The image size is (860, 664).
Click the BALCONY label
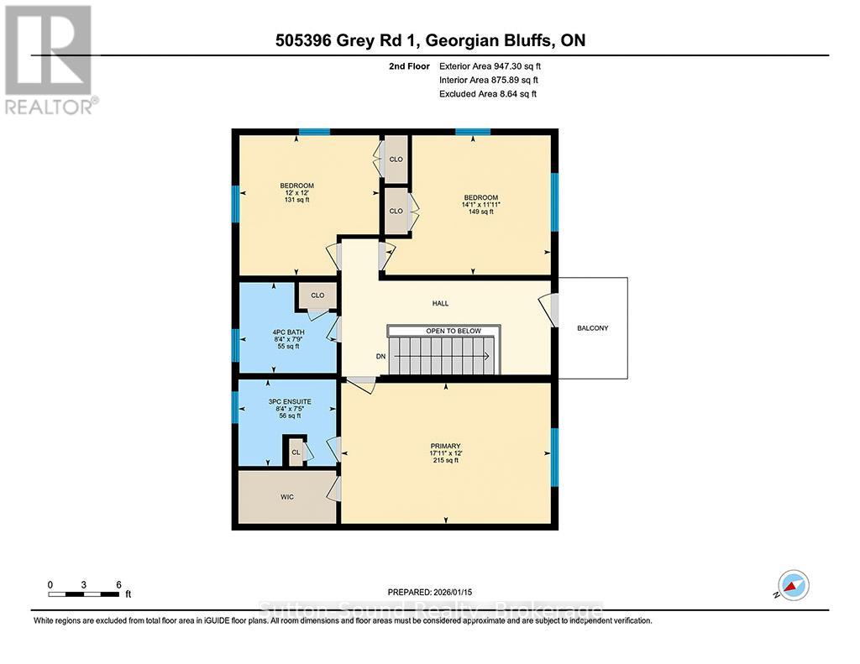pyautogui.click(x=593, y=328)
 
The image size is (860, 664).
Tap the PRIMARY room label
pyautogui.click(x=446, y=446)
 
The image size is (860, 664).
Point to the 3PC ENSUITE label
pyautogui.click(x=290, y=401)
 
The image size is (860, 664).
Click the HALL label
pyautogui.click(x=441, y=304)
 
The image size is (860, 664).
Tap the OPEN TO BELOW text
pyautogui.click(x=454, y=331)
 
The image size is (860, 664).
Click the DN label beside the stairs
pyautogui.click(x=380, y=357)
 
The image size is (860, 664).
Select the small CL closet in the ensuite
pyautogui.click(x=296, y=452)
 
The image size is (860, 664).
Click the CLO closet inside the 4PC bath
pyautogui.click(x=317, y=295)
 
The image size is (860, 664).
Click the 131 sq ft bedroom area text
pyautogui.click(x=296, y=200)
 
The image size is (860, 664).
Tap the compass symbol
pyautogui.click(x=794, y=583)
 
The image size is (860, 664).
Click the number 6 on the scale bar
pyautogui.click(x=119, y=584)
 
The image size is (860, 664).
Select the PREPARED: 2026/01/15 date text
pyautogui.click(x=430, y=592)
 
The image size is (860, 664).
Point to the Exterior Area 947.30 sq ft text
pyautogui.click(x=496, y=65)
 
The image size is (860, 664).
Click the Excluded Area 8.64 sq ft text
pyautogui.click(x=487, y=94)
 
